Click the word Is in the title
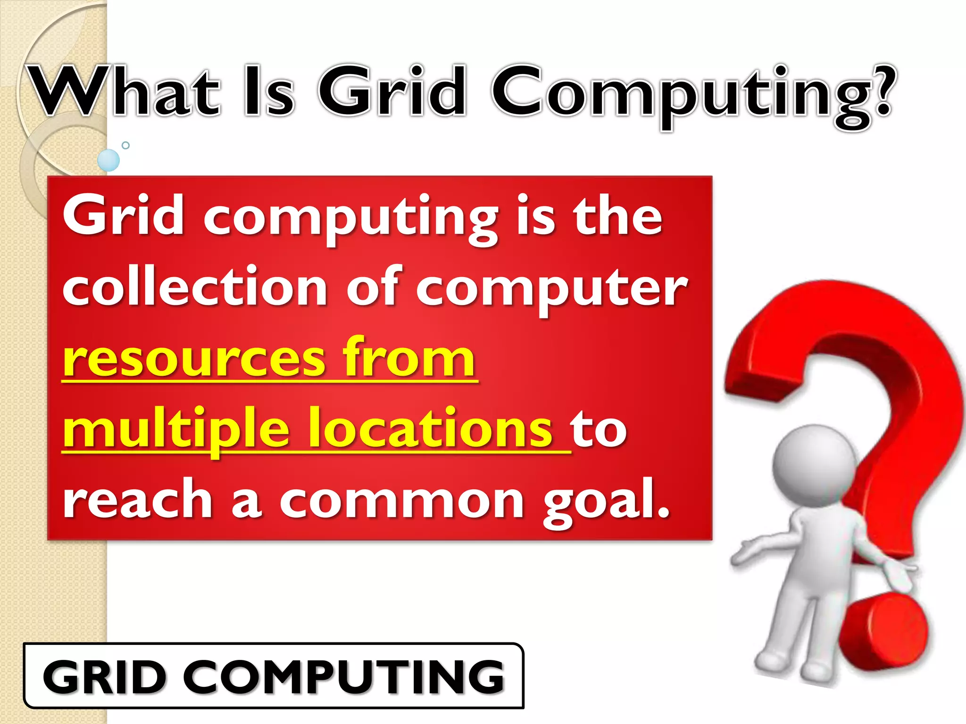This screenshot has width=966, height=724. tap(269, 92)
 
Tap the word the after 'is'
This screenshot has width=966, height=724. tap(618, 216)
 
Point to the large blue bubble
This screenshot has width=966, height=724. tap(108, 160)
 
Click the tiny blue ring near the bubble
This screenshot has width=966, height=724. tap(125, 145)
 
